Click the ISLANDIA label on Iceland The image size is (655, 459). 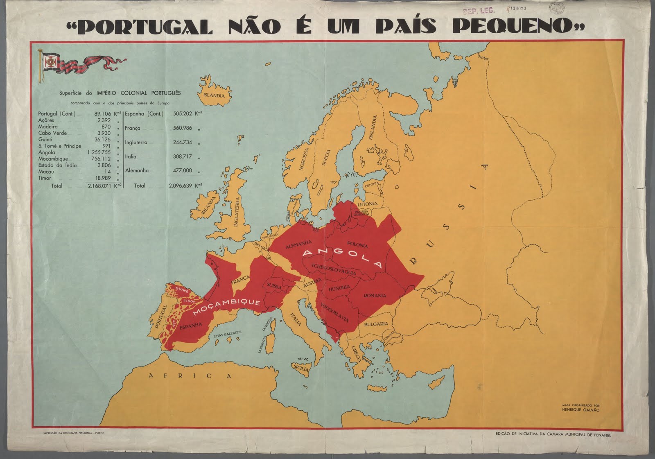coord(214,95)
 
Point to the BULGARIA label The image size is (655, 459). coord(376,324)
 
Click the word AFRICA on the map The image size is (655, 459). coord(190,376)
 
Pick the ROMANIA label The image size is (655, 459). coord(375,295)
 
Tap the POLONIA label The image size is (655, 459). coord(357,245)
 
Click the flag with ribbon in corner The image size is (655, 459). coord(82,64)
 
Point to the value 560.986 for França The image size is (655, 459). coord(182,128)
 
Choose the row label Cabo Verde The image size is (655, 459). coord(52,133)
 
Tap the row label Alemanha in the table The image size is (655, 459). coord(137,170)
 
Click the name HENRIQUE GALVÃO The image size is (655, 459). coord(580,410)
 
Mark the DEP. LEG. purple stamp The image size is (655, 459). coord(479,11)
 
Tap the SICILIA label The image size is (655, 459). coord(300,368)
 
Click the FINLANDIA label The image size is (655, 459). coord(373,128)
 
